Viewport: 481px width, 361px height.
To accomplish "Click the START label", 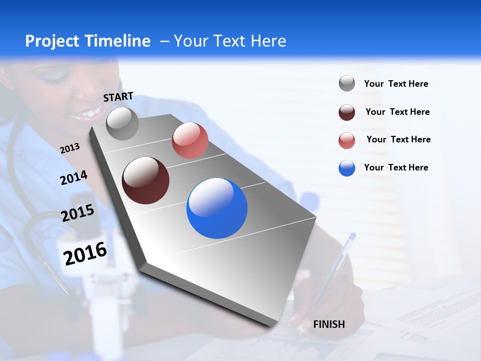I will coord(118,96).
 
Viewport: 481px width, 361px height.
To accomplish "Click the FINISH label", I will coord(329,324).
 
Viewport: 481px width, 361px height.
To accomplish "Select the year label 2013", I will coord(70,148).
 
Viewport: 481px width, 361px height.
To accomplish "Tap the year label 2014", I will coord(74,177).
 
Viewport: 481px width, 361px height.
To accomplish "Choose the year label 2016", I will coord(85,253).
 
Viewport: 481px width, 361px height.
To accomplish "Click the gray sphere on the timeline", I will coord(122,123).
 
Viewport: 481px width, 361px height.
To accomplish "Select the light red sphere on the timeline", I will coord(190,140).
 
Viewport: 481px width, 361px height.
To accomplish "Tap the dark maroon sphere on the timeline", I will coord(145,180).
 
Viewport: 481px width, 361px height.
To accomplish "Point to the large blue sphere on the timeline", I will coord(217,208).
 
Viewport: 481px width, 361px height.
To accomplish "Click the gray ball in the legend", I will coord(347,84).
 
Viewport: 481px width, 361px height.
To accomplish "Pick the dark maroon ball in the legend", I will coord(347,112).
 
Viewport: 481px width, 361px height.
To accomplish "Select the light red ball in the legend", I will coord(347,140).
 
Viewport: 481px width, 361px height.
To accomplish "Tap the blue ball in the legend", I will coord(347,168).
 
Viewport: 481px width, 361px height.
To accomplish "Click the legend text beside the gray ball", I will coord(396,84).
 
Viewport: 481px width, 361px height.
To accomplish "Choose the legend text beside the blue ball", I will coord(396,167).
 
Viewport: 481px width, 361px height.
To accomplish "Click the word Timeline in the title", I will coord(118,41).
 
